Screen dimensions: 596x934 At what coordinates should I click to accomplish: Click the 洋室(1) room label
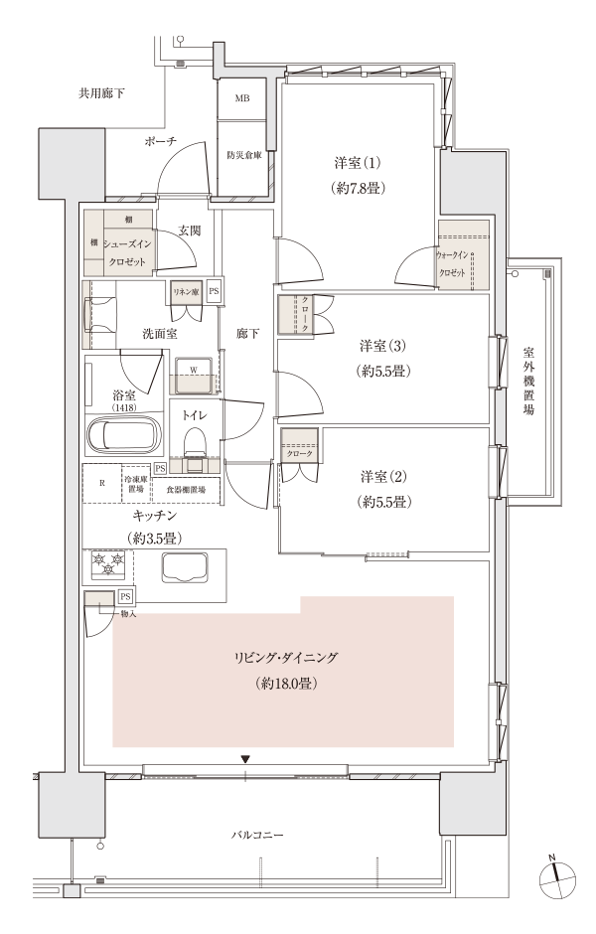pos(358,163)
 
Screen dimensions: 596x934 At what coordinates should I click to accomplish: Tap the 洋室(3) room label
pos(382,346)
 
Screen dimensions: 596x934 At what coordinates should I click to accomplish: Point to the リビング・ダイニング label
pos(285,658)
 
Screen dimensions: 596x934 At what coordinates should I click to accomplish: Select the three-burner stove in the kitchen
pos(108,563)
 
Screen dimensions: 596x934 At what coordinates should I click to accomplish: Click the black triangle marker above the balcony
pos(245,759)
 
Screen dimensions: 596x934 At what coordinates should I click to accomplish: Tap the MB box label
pos(241,99)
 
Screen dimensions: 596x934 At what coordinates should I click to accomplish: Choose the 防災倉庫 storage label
pos(244,156)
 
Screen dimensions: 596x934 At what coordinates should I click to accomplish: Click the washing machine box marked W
pos(193,376)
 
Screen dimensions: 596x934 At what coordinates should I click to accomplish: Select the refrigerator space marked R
pos(101,483)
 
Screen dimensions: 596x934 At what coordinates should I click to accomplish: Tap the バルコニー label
pos(257,835)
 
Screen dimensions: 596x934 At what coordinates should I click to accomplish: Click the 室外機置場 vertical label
pos(528,381)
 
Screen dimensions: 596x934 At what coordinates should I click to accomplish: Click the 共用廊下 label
pos(101,93)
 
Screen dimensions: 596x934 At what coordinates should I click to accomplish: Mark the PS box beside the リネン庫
pos(214,292)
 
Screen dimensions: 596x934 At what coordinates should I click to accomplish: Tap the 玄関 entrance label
pos(190,231)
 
